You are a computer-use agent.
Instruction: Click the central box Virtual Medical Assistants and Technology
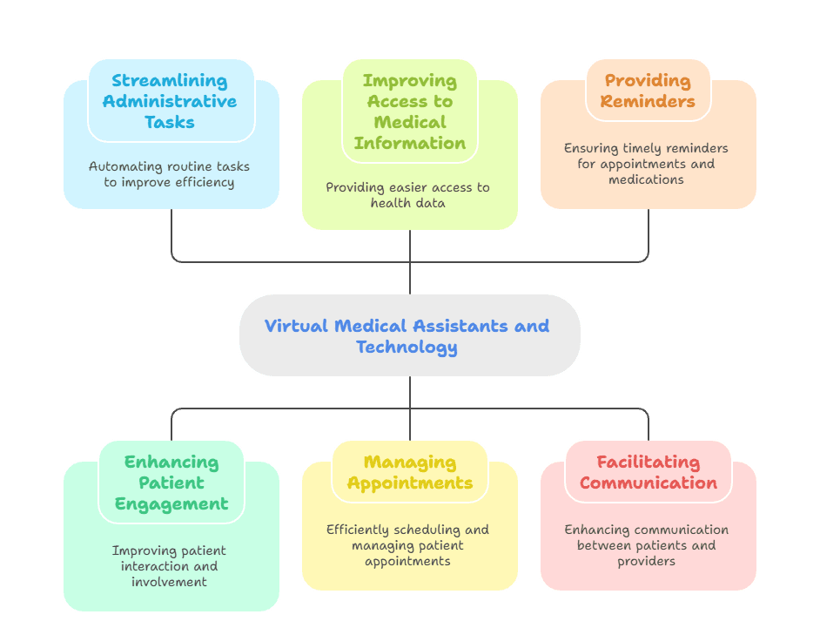tap(409, 335)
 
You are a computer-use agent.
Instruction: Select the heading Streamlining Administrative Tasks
tap(170, 101)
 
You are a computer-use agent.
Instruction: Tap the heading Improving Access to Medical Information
tap(409, 111)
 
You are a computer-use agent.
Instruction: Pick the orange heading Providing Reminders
tap(649, 91)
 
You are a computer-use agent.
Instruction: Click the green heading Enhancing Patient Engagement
tap(171, 483)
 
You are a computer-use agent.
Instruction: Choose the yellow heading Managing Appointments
tap(409, 472)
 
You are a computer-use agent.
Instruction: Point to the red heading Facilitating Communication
tap(649, 472)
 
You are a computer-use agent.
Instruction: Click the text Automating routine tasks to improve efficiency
tap(171, 174)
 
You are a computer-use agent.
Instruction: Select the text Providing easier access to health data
tap(408, 195)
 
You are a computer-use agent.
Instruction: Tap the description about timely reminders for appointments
tap(647, 164)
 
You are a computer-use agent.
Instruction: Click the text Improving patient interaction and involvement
tap(170, 566)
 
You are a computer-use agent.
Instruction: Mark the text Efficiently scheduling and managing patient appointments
tap(408, 545)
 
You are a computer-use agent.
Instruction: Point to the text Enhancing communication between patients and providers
tap(647, 545)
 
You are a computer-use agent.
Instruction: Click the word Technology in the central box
tap(407, 347)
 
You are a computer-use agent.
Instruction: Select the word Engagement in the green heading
tap(171, 503)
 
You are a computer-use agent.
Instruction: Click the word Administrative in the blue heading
tap(170, 101)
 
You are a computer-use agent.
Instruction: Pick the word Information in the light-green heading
tap(409, 143)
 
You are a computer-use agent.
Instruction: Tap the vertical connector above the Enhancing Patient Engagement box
tap(171, 424)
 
